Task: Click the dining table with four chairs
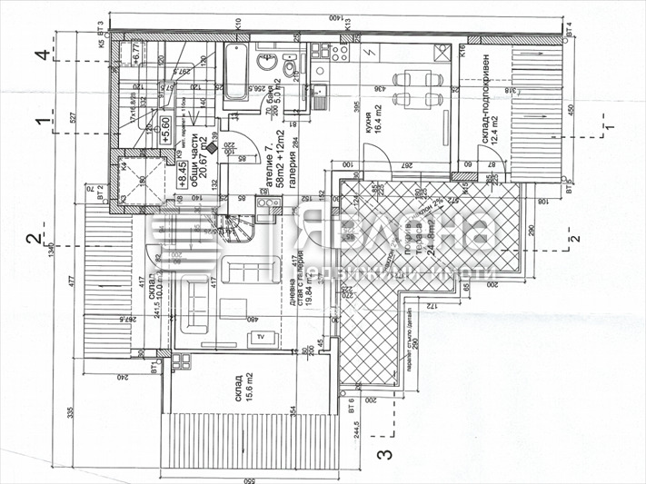coord(418,88)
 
